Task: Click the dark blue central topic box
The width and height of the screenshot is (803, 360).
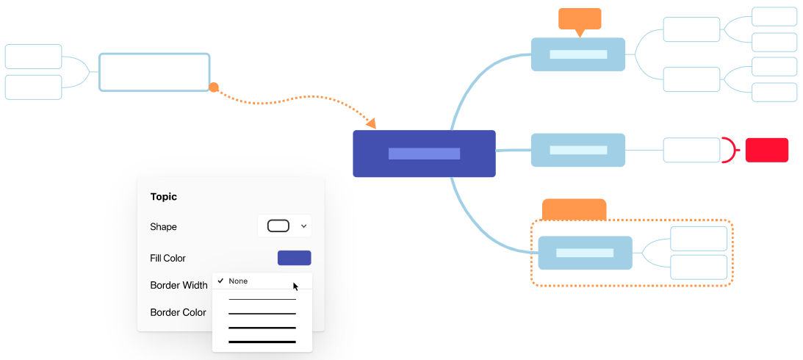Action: point(424,154)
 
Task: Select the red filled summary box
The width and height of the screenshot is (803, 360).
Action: point(767,150)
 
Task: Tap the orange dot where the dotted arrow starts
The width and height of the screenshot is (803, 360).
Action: point(214,87)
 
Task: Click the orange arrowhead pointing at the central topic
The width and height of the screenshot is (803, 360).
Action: point(371,123)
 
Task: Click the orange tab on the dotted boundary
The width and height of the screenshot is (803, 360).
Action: point(574,209)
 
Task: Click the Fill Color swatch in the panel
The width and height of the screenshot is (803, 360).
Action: point(294,258)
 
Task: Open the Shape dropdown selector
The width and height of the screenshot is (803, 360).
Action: point(284,226)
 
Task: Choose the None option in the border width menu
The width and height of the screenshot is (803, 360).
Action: point(238,281)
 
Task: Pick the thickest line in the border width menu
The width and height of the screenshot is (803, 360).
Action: point(262,342)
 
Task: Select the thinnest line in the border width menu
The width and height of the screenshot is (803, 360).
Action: point(262,299)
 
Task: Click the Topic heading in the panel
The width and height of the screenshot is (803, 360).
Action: point(163,197)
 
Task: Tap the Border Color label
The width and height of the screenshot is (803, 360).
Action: point(179,312)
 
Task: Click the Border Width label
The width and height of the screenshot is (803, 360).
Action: point(179,285)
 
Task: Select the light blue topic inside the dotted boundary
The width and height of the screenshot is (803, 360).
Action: point(586,253)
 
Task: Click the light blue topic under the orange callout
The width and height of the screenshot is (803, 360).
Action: point(578,54)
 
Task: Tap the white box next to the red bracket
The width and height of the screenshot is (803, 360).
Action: point(692,150)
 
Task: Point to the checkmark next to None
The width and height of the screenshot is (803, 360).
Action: point(220,281)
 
